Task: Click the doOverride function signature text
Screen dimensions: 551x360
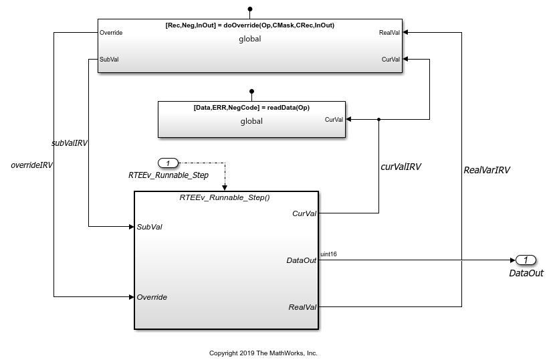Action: click(250, 25)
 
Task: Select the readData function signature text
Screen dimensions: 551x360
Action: click(251, 108)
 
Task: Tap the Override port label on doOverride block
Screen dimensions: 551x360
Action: click(111, 33)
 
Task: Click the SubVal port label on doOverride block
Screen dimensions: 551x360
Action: click(109, 60)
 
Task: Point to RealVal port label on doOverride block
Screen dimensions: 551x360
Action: click(389, 33)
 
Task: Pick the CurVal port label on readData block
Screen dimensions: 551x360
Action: click(334, 120)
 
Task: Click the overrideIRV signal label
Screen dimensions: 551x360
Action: click(31, 165)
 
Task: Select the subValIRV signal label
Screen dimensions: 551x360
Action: click(70, 143)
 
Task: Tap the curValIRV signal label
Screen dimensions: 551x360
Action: click(401, 167)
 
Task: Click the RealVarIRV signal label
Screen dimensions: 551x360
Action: click(487, 170)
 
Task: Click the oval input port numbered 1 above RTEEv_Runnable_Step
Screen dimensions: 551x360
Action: click(169, 163)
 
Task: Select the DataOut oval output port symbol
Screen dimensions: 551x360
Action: click(526, 260)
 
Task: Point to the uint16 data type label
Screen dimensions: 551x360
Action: click(328, 254)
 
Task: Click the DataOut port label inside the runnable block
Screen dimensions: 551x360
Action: click(302, 260)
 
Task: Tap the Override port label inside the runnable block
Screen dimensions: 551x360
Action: click(152, 297)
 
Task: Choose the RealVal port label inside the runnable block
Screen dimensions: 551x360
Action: click(302, 307)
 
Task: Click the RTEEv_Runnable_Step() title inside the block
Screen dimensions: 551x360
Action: click(225, 197)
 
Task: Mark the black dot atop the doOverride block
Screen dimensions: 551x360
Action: click(250, 9)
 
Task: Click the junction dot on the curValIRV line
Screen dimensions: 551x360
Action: click(378, 120)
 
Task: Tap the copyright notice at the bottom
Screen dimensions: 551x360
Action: click(263, 353)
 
